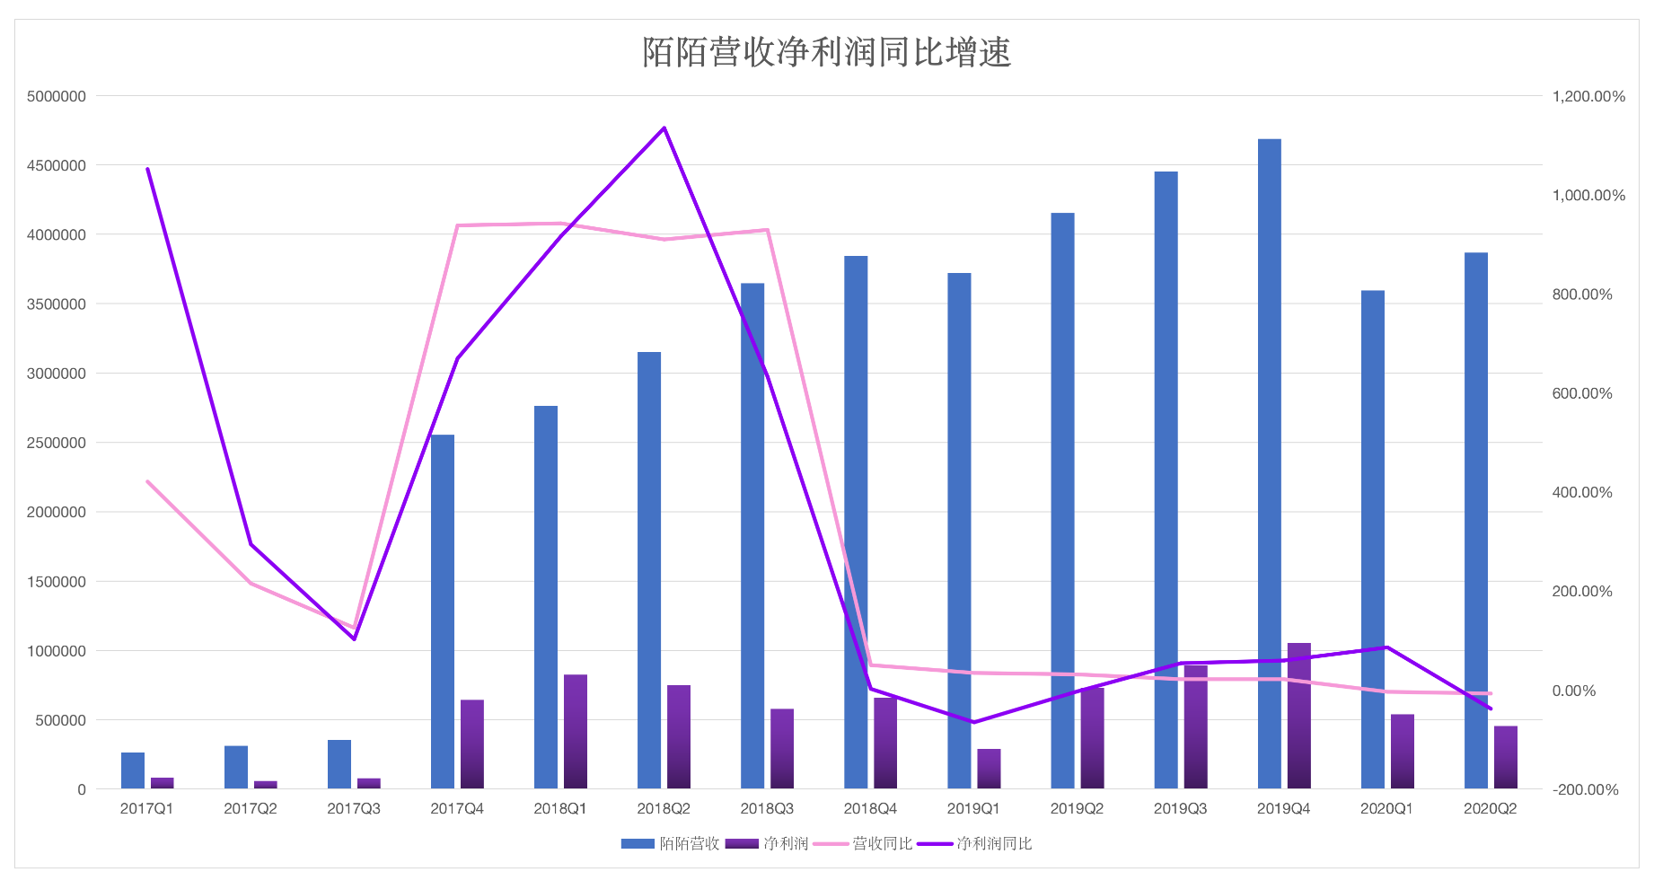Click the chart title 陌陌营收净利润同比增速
click(826, 52)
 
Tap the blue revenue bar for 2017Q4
click(443, 612)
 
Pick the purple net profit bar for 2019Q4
click(1298, 716)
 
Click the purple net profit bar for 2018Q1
click(576, 731)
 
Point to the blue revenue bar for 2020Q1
click(1372, 539)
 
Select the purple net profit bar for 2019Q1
click(989, 769)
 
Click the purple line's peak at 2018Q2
click(664, 128)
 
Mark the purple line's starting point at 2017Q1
click(147, 169)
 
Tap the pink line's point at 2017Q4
click(457, 225)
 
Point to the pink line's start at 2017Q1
click(147, 481)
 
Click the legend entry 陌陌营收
click(671, 843)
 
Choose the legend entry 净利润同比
click(975, 843)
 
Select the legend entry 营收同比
click(866, 843)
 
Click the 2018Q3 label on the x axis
click(767, 808)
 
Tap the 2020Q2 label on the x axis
click(1490, 808)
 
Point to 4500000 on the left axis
click(57, 165)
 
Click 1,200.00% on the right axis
click(1588, 96)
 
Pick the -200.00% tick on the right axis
click(1585, 789)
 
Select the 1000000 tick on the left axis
click(57, 651)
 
